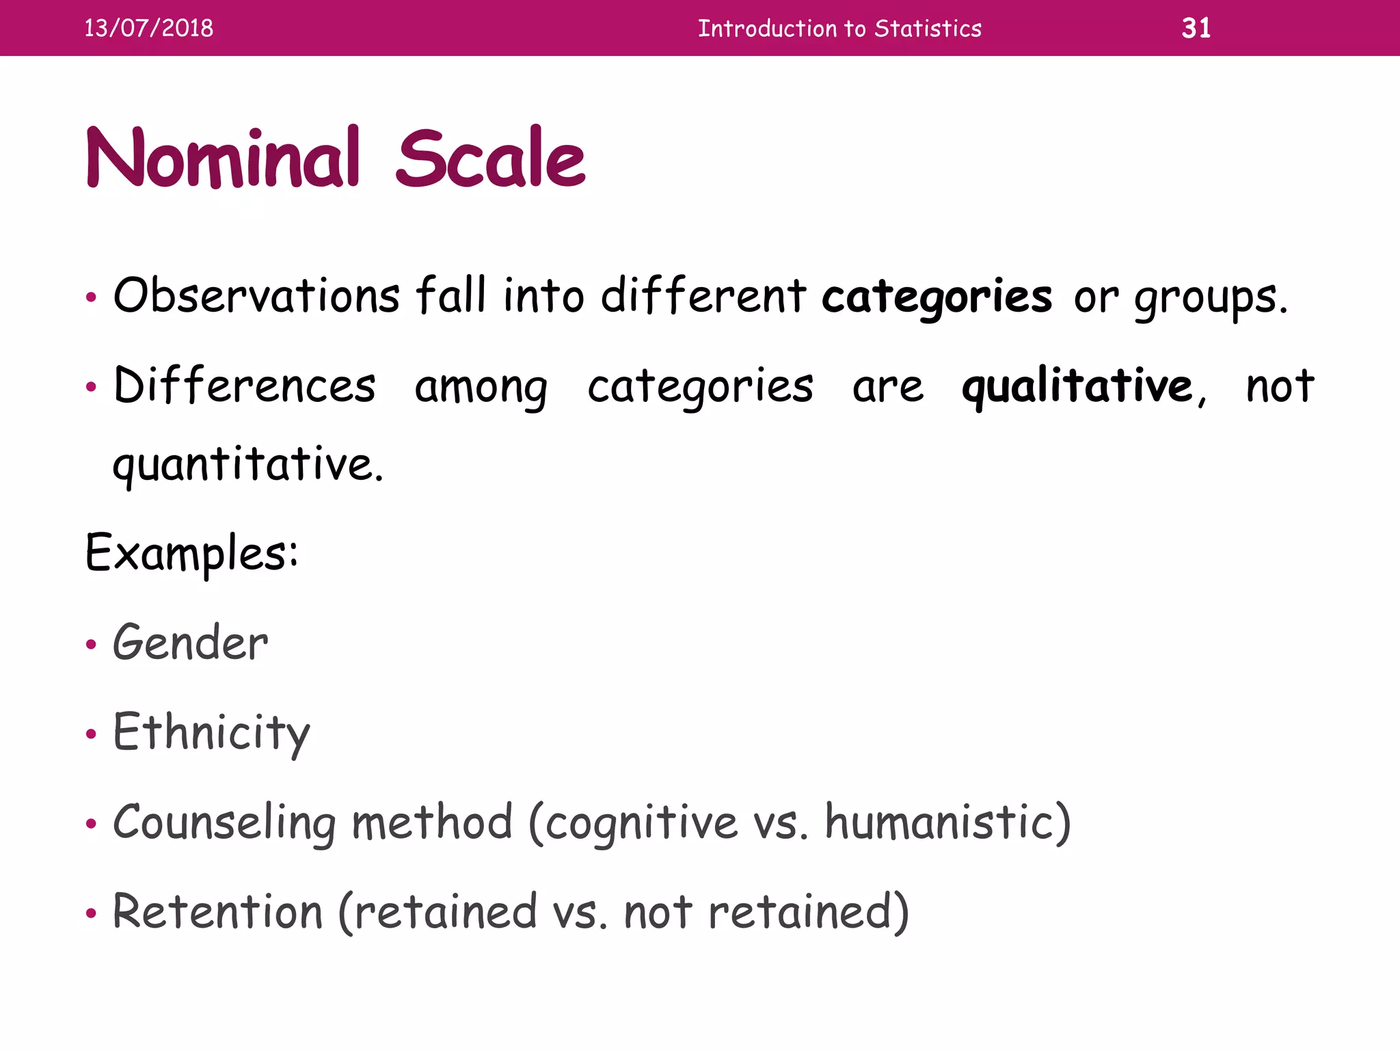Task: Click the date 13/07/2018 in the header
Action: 148,28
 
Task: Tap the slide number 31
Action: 1196,28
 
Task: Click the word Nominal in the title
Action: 223,159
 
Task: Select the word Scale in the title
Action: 490,159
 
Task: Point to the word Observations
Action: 256,296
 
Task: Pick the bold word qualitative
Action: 1077,386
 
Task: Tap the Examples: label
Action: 192,553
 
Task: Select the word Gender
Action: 191,643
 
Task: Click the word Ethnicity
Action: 211,733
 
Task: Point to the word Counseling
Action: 224,822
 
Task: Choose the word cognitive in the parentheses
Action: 641,823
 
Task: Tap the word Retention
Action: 217,912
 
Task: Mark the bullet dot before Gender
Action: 91,645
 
